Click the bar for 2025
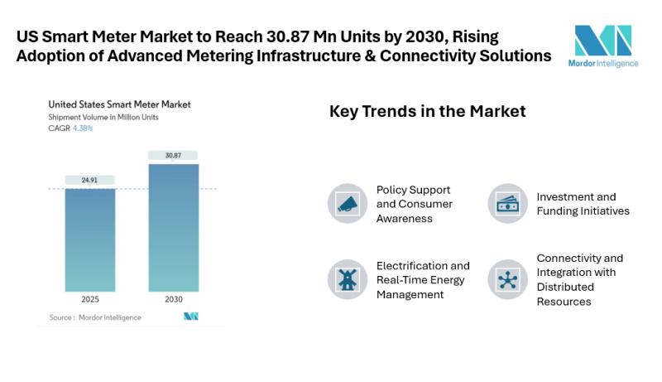click(90, 239)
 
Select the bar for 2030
click(174, 227)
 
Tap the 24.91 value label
click(90, 180)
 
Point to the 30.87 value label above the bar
click(174, 155)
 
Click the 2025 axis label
click(90, 299)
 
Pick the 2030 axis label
click(174, 299)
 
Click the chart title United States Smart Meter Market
click(119, 104)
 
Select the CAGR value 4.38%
click(83, 128)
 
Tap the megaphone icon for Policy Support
click(347, 204)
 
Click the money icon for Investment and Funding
click(507, 204)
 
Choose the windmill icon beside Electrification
click(347, 279)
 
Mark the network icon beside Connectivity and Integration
click(507, 279)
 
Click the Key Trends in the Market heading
click(427, 111)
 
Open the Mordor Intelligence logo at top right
click(603, 46)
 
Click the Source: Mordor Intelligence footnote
click(94, 317)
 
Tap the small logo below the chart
click(190, 317)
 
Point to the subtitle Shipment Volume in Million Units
click(103, 117)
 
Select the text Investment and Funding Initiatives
click(583, 204)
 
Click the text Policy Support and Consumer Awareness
click(414, 204)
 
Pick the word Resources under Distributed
click(564, 302)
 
